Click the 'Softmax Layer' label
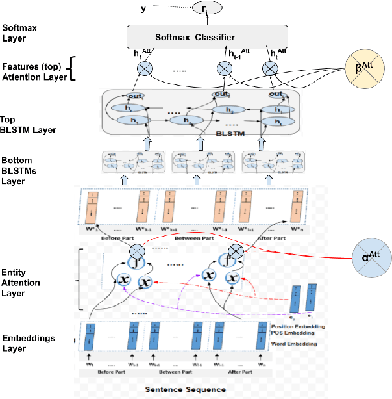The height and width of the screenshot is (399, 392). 20,33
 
